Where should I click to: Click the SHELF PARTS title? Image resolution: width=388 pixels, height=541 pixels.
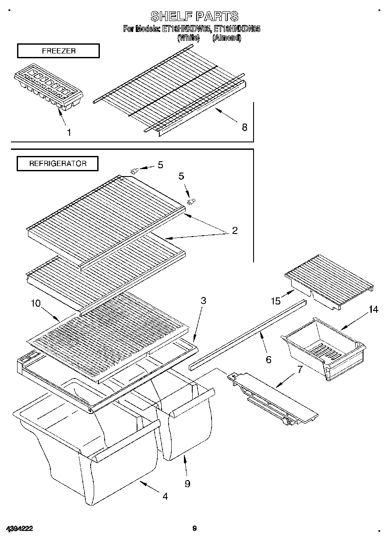pos(194,16)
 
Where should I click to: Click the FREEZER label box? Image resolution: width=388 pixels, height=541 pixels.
pos(58,51)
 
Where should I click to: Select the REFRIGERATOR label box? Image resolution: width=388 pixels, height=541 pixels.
pos(57,163)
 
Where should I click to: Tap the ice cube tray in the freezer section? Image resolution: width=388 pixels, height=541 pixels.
pos(49,87)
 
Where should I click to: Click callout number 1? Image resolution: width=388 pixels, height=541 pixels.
pos(68,132)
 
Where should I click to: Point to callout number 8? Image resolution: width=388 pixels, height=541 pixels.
pos(244,127)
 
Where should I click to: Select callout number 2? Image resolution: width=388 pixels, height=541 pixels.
pos(235,230)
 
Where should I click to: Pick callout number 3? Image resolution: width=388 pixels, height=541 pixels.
pos(203,301)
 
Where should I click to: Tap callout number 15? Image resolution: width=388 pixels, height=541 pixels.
pos(275,301)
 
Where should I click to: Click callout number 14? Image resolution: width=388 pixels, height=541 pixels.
pos(373,310)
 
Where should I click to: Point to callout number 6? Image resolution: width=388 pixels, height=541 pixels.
pos(268,360)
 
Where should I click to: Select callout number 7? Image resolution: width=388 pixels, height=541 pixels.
pos(300,369)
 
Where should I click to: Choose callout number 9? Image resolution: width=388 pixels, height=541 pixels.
pos(187,484)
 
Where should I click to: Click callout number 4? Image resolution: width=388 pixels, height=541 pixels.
pos(165,496)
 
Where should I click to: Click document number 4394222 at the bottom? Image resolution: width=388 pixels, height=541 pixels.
pos(19,529)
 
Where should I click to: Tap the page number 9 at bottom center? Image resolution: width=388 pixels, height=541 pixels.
pos(194,529)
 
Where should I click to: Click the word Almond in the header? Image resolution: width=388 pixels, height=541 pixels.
pos(226,38)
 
